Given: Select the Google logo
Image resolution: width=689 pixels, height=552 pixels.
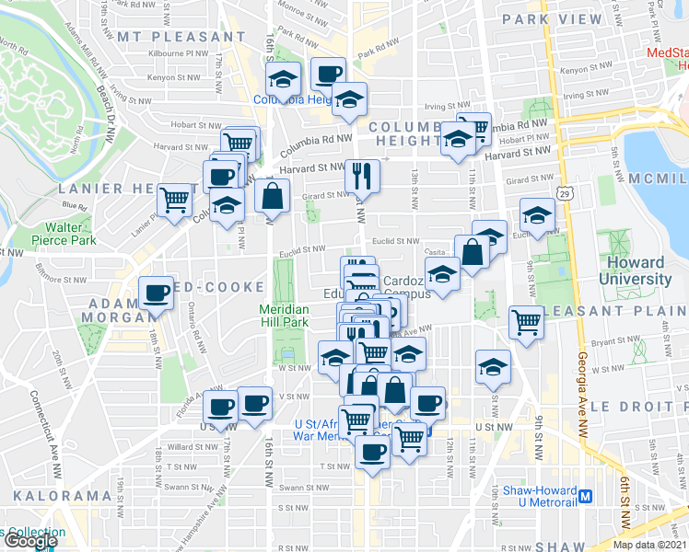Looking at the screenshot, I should pyautogui.click(x=30, y=541).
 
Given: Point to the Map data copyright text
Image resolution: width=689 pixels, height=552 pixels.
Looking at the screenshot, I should pyautogui.click(x=649, y=545).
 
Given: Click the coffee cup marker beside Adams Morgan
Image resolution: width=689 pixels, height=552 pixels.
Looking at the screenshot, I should pyautogui.click(x=157, y=294).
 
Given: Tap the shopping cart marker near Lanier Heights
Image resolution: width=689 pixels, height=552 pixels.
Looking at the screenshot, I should pyautogui.click(x=173, y=199).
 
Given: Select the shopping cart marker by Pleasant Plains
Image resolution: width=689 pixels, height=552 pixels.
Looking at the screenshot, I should pyautogui.click(x=525, y=322).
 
